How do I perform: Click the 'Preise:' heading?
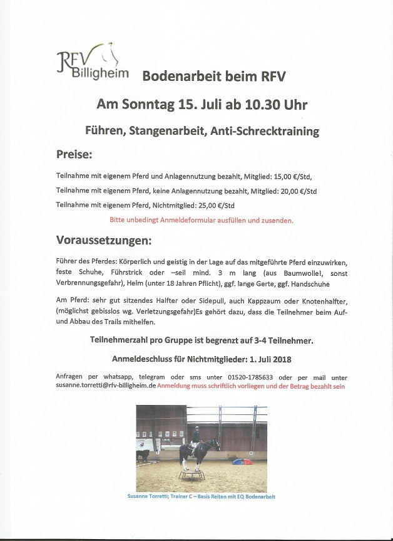click(x=74, y=154)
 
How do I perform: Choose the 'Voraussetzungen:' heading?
click(x=104, y=241)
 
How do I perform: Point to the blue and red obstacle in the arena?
click(x=243, y=462)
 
